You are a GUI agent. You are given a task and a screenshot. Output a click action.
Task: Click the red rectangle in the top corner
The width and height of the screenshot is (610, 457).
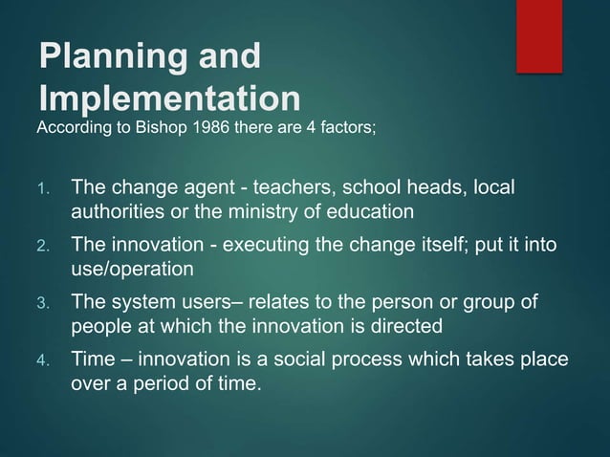click(539, 35)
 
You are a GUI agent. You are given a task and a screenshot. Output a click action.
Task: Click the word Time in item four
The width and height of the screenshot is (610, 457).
click(92, 362)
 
